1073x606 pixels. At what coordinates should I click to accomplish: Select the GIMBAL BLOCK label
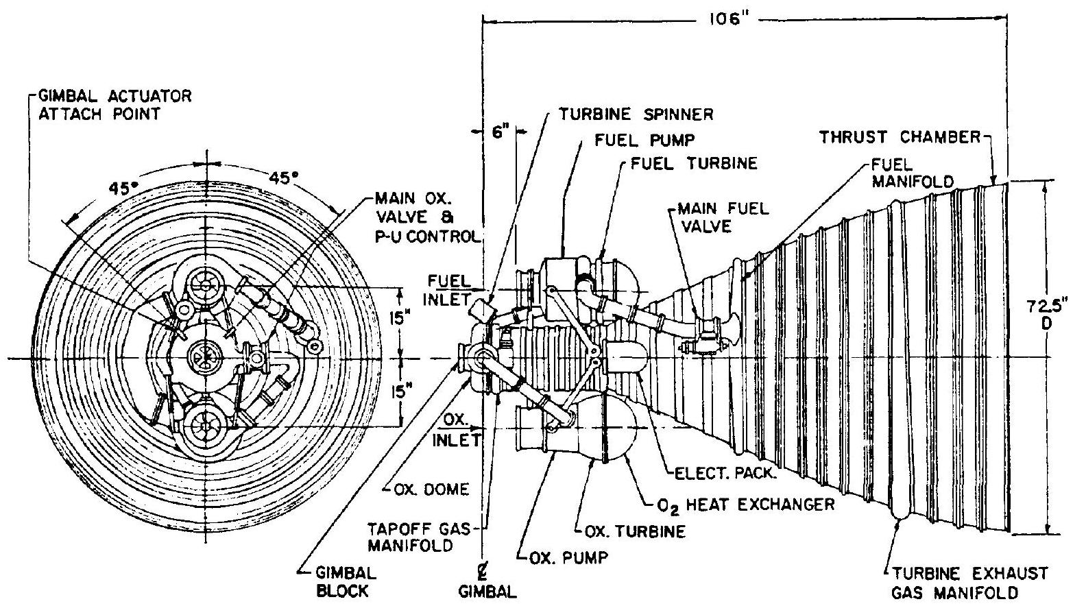(x=347, y=581)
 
